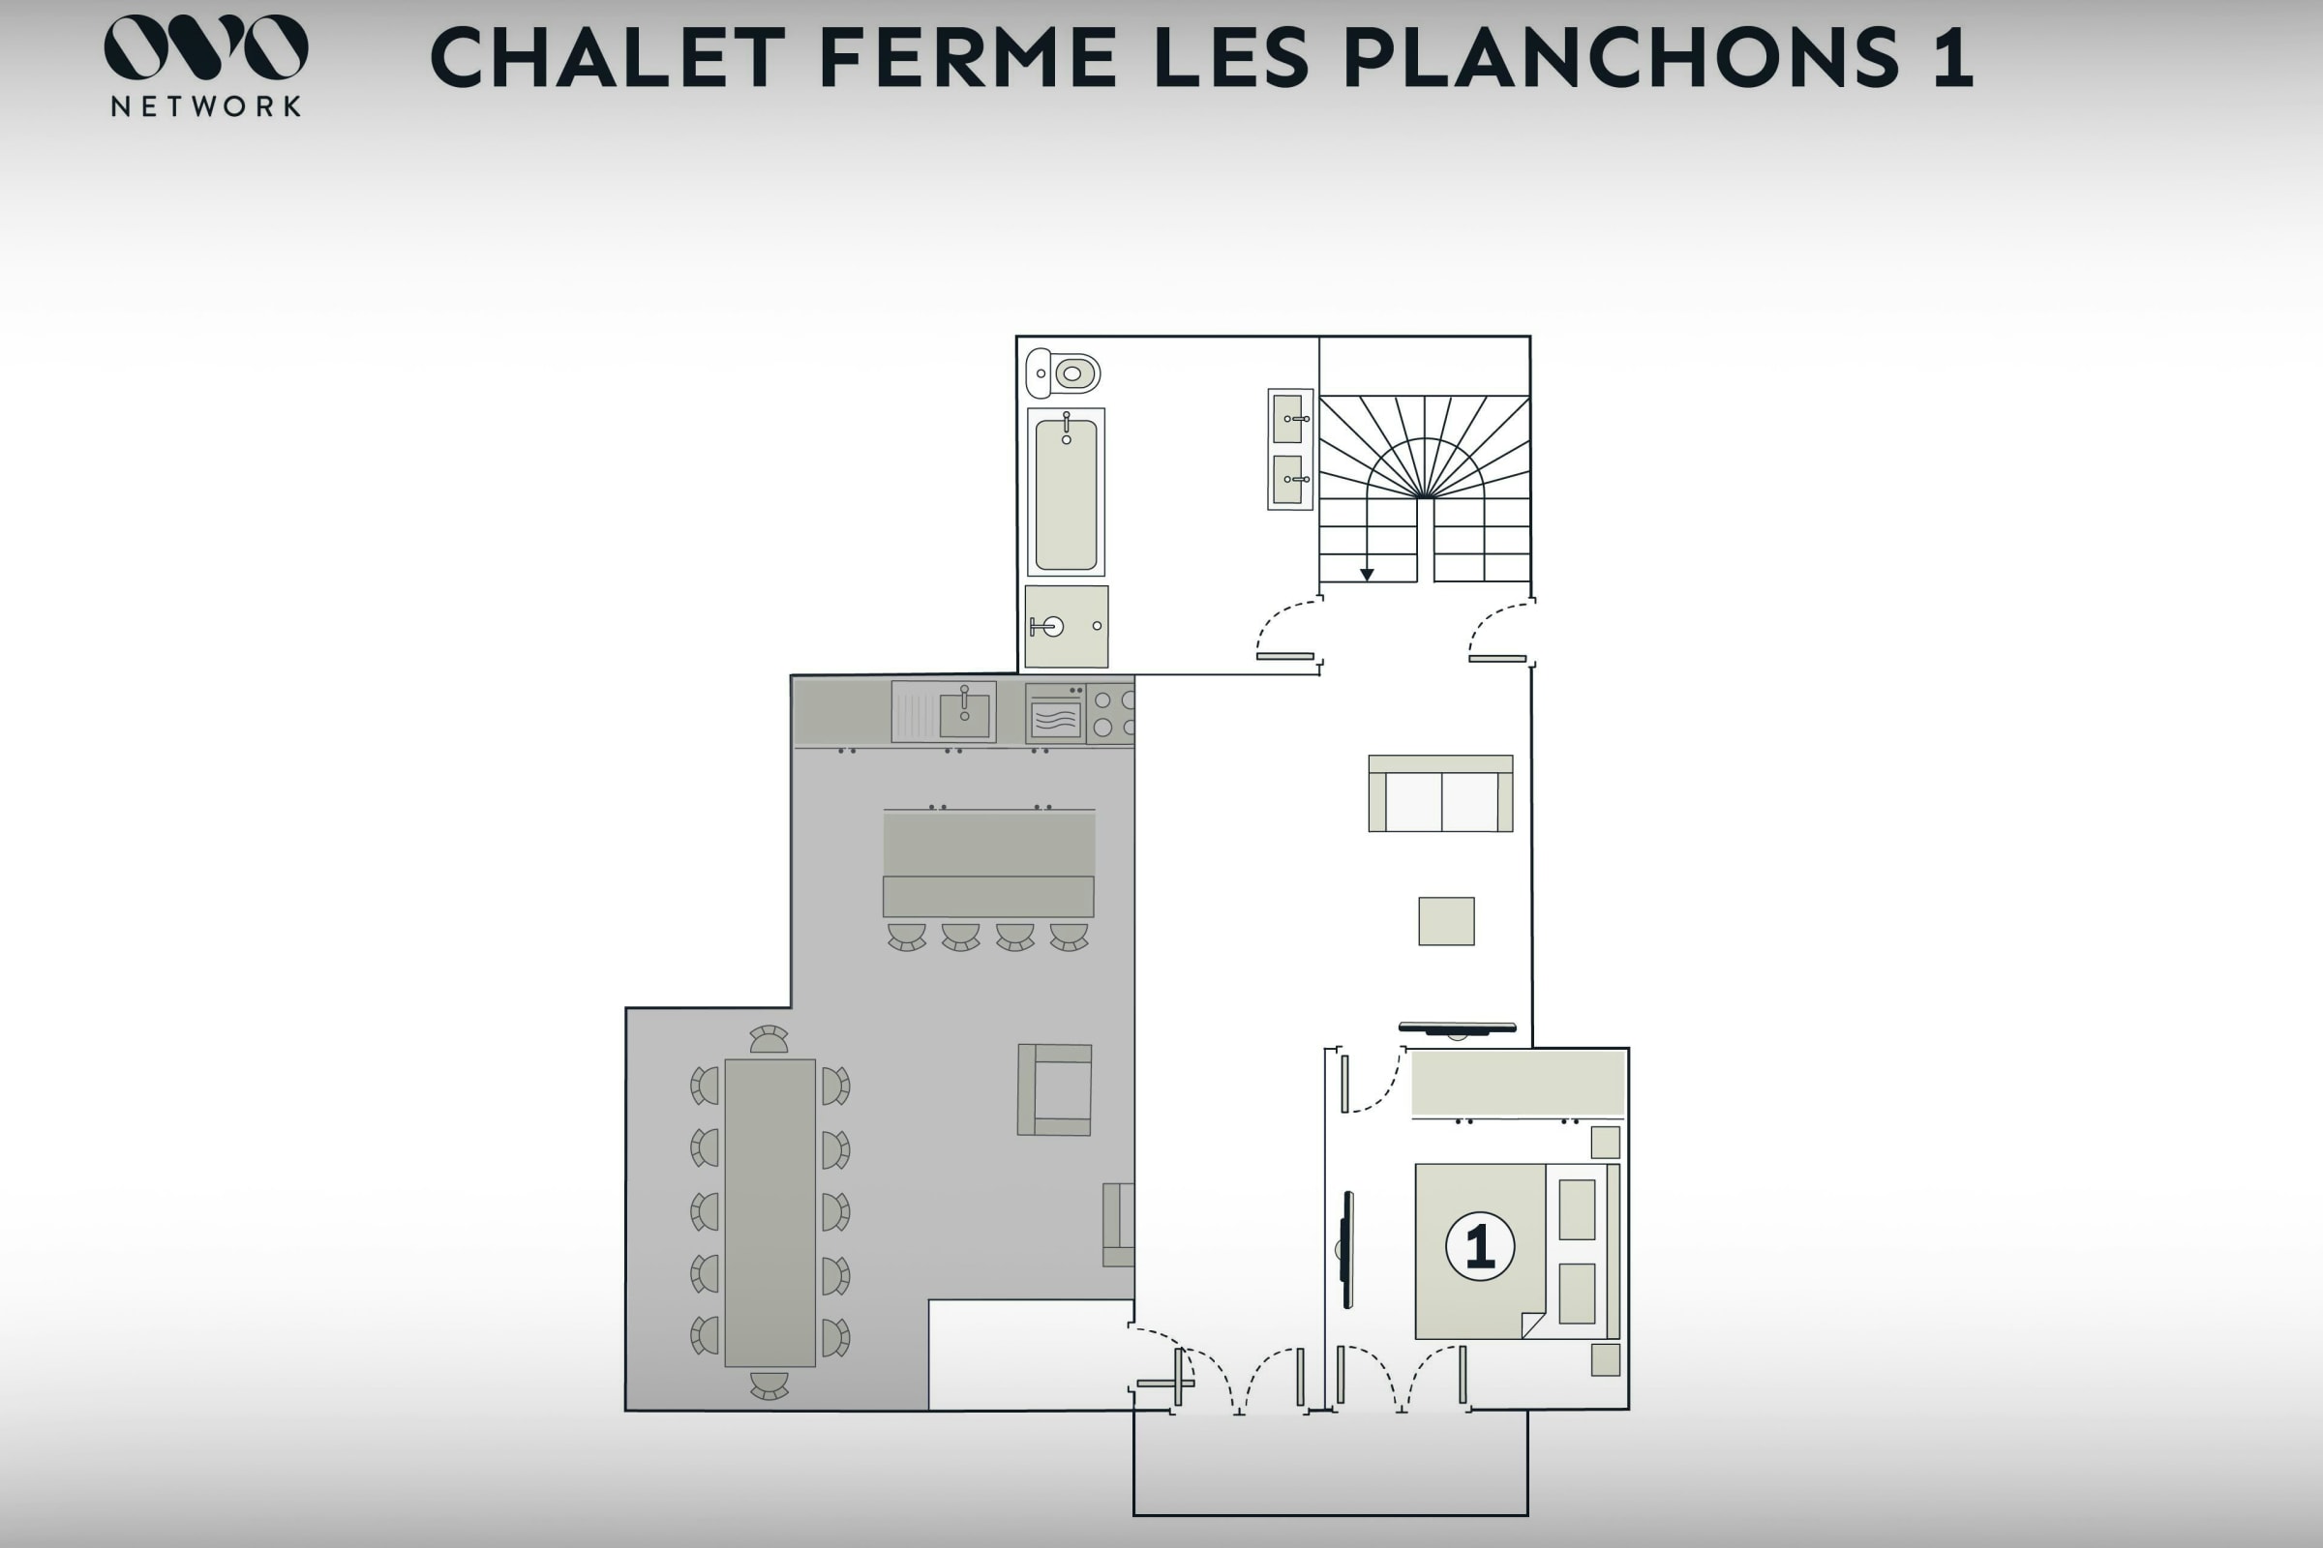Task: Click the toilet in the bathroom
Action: tap(1062, 373)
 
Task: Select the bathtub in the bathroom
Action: tap(1066, 491)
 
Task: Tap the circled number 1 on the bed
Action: tap(1480, 1247)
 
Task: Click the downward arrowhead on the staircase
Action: tap(1367, 574)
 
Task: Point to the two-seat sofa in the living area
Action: tap(1440, 792)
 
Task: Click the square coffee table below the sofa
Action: tap(1446, 921)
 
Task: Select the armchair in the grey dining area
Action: tap(1055, 1089)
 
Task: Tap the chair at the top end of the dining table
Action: tap(769, 1039)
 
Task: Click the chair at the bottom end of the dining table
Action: tap(769, 1385)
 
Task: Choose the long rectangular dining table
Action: tap(769, 1212)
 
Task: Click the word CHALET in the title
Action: tap(609, 57)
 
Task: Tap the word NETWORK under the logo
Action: tap(205, 105)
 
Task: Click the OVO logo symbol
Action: tap(205, 46)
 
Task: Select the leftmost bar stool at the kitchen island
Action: tap(906, 937)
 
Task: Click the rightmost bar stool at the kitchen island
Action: tap(1069, 937)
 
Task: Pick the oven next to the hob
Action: tap(1055, 713)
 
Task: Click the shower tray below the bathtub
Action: tap(1067, 626)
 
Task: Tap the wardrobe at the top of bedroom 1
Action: tap(1518, 1084)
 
